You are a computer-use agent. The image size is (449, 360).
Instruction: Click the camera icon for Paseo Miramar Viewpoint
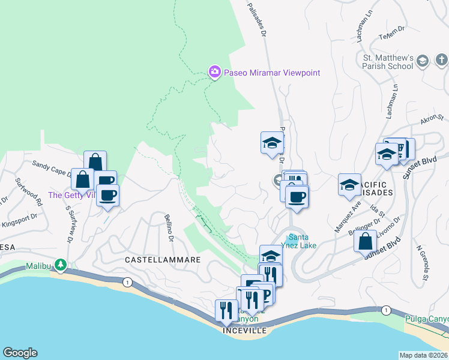pyautogui.click(x=214, y=72)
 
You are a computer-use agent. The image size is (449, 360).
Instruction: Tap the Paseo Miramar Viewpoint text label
pyautogui.click(x=272, y=73)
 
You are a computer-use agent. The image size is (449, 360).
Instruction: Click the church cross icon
pyautogui.click(x=441, y=60)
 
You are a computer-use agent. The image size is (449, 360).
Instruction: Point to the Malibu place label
pyautogui.click(x=39, y=266)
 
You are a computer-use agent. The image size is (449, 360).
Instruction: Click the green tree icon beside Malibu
pyautogui.click(x=60, y=265)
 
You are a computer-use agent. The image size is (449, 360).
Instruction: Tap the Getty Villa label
pyautogui.click(x=71, y=195)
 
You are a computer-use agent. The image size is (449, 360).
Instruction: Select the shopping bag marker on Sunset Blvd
pyautogui.click(x=365, y=242)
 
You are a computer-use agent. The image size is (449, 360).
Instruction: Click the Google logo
pyautogui.click(x=20, y=353)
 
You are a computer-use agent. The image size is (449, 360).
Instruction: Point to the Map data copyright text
pyautogui.click(x=424, y=355)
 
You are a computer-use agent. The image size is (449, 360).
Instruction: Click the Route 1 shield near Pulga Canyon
pyautogui.click(x=385, y=310)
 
